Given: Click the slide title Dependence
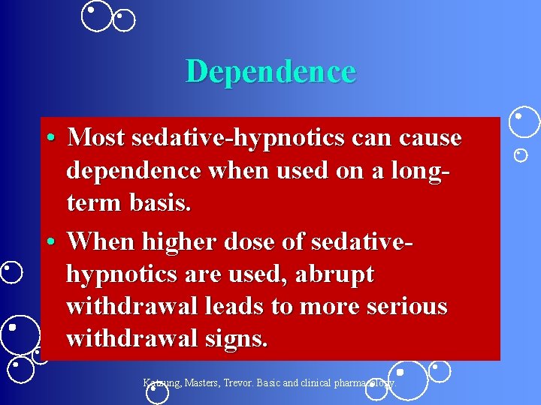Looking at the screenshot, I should (270, 71).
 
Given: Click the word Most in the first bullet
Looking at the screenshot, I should (95, 138).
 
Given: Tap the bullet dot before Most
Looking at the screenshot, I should (50, 139).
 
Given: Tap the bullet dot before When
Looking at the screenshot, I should (50, 241).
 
